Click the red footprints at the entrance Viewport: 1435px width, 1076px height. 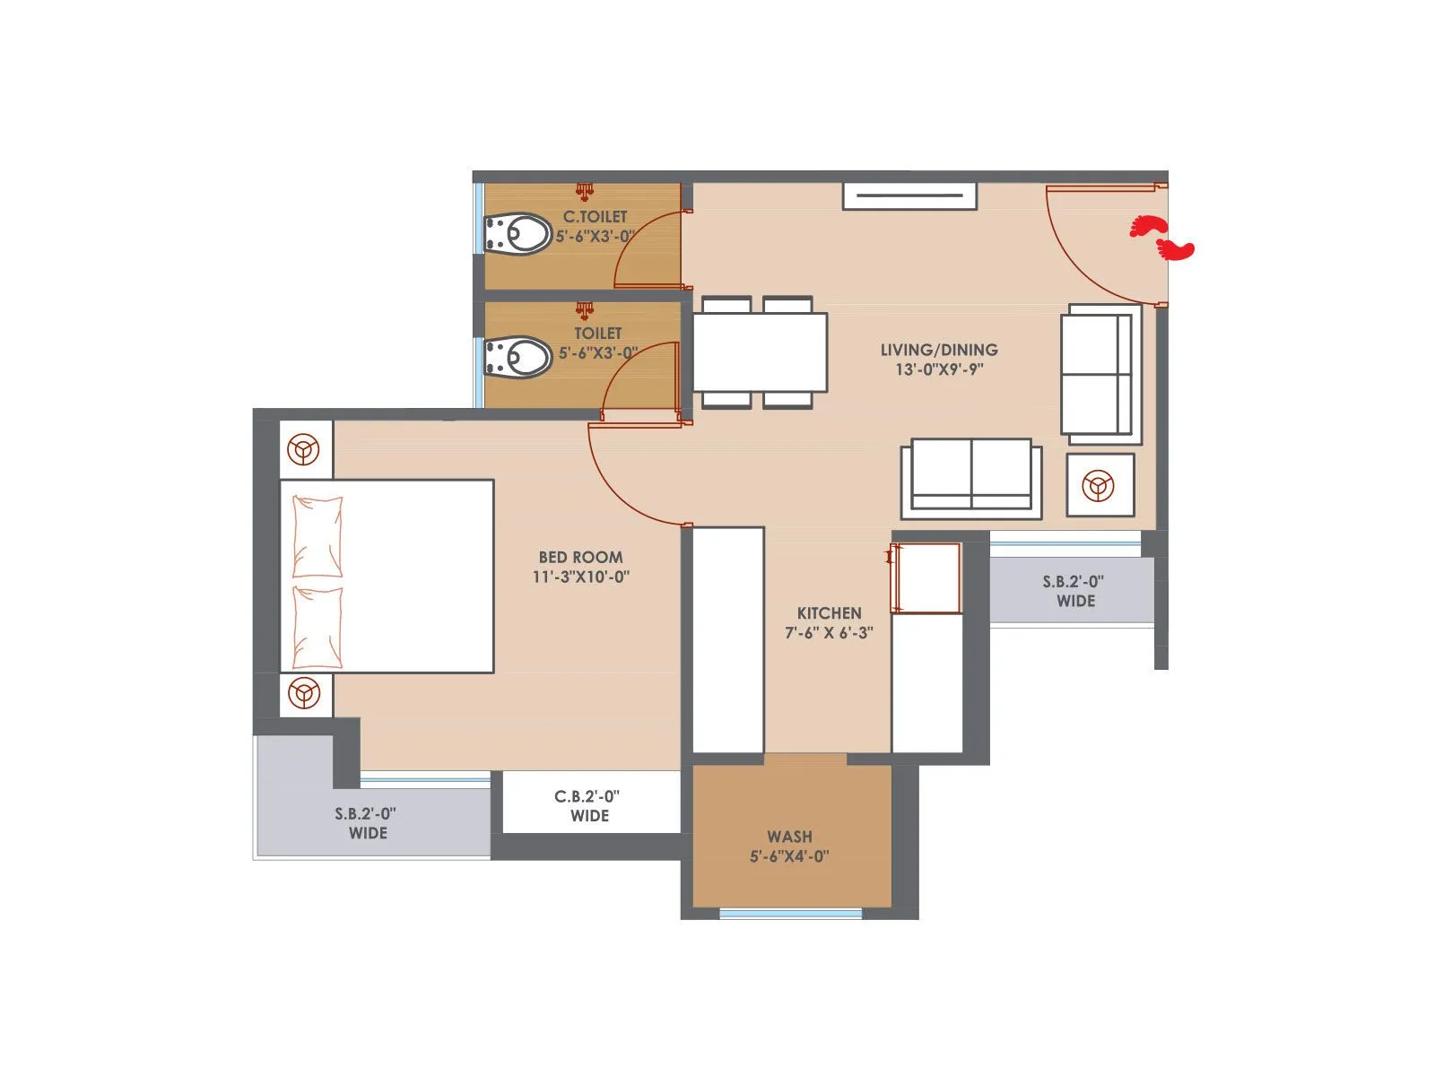1161,238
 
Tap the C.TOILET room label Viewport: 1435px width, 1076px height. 595,217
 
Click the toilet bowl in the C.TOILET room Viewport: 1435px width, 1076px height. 517,235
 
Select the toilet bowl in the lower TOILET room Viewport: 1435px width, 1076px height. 517,357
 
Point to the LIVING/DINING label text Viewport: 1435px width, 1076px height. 938,350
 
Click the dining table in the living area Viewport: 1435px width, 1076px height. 760,352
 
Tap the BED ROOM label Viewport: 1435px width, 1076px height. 580,557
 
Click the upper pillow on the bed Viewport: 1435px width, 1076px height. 317,536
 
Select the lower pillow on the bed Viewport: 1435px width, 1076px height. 317,628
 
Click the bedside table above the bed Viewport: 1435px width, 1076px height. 305,448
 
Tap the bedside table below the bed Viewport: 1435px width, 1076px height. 305,694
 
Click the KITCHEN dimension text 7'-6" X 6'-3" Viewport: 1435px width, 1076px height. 829,633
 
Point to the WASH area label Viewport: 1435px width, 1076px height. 789,837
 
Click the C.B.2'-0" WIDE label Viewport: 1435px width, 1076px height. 589,805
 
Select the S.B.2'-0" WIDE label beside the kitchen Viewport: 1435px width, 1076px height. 1074,591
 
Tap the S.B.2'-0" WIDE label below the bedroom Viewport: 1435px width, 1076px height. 366,823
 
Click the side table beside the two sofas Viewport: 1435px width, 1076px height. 1100,485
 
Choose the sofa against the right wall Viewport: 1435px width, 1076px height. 1100,373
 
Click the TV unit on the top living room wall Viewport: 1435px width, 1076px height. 909,195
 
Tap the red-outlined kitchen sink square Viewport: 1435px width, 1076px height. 926,578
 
